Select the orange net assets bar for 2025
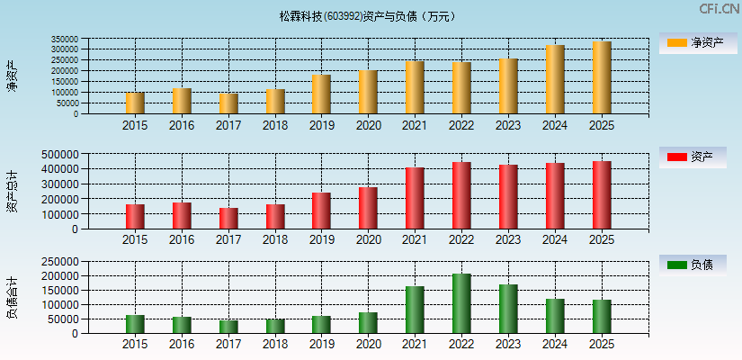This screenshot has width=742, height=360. (x=602, y=77)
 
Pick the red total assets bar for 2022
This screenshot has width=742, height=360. (x=461, y=195)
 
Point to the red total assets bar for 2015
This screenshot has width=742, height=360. (x=135, y=217)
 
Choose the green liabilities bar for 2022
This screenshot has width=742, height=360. (x=461, y=303)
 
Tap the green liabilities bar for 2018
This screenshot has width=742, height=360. (x=275, y=326)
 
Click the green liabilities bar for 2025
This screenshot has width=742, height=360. (x=602, y=316)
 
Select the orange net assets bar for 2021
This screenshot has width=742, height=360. (x=415, y=87)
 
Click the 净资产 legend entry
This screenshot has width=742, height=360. (x=693, y=42)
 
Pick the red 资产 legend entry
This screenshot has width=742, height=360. (x=693, y=157)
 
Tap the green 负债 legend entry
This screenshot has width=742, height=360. (x=693, y=265)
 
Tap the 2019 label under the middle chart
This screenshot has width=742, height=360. (x=321, y=239)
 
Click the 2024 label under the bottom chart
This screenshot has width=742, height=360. (x=555, y=344)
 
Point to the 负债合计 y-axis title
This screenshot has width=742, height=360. (x=12, y=298)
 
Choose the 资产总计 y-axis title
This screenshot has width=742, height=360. (x=12, y=191)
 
